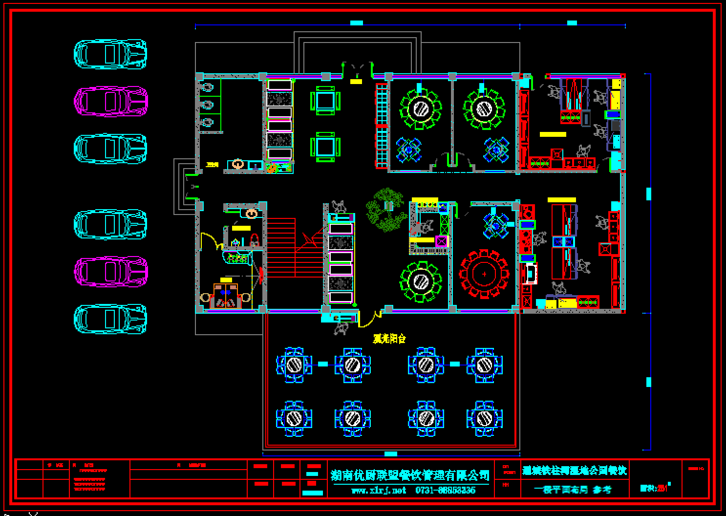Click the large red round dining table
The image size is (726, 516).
(x=484, y=274)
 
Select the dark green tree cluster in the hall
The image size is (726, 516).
(x=385, y=210)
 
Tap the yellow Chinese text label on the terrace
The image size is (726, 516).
(x=389, y=339)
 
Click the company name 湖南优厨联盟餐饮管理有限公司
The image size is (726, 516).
(x=410, y=475)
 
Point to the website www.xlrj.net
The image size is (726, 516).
(x=379, y=490)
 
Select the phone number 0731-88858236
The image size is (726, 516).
(x=445, y=490)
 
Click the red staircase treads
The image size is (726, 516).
(x=281, y=247)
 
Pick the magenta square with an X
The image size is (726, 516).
(x=442, y=241)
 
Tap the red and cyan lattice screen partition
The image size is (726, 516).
(x=382, y=126)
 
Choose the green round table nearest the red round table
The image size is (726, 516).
(x=421, y=281)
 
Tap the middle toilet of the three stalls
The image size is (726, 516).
(x=208, y=105)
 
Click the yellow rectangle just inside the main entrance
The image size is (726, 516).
(x=356, y=82)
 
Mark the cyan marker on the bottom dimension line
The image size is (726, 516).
(x=391, y=454)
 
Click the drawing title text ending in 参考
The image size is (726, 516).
(x=572, y=489)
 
